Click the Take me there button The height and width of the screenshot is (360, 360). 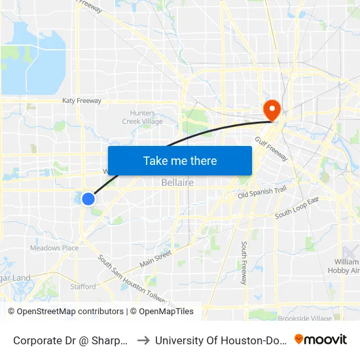180,160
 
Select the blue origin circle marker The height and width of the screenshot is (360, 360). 88,198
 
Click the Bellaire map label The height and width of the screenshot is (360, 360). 177,183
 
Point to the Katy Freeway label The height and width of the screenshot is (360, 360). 81,101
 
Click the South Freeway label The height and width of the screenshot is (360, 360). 243,262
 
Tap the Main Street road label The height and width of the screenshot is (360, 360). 154,258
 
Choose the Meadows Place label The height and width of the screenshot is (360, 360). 54,248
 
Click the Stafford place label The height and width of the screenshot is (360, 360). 83,286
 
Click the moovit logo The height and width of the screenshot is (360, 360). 321,339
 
